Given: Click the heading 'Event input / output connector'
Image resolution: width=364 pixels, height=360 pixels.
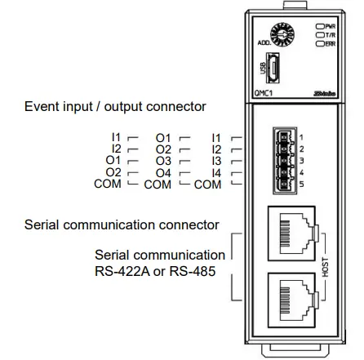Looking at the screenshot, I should point(115,107).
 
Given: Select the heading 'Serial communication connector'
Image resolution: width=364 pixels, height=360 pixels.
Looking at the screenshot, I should point(122,224).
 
